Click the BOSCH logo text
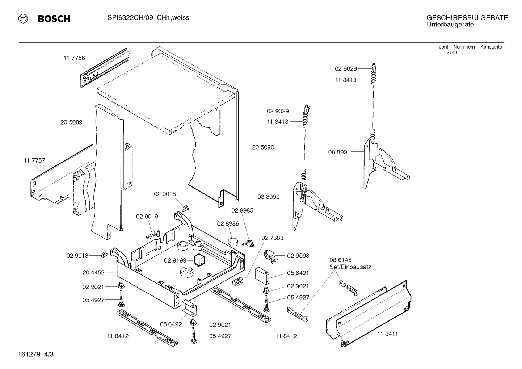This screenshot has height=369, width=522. tap(54, 19)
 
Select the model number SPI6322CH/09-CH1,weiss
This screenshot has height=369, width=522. tap(148, 18)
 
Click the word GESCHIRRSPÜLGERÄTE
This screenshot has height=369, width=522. tap(467, 18)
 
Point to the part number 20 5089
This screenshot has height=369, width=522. tap(71, 122)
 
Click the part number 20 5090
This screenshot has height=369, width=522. tap(263, 147)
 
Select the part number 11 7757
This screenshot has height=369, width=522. tap(34, 160)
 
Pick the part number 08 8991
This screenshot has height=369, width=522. tap(339, 152)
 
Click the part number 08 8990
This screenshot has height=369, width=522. tap(268, 197)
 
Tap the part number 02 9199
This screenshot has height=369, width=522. tap(175, 260)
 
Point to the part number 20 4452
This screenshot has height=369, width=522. tap(93, 272)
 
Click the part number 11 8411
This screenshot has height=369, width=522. tap(387, 334)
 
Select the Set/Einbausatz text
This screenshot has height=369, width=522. tap(350, 267)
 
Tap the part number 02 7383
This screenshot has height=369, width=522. tap(272, 238)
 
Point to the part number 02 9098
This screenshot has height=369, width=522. tap(298, 256)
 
